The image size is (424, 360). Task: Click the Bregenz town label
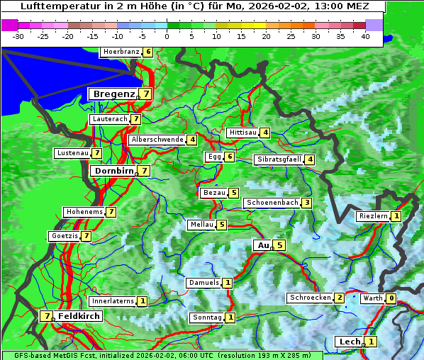click(x=113, y=94)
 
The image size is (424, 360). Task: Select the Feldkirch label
click(x=79, y=316)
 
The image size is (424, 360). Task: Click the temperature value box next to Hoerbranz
click(x=147, y=52)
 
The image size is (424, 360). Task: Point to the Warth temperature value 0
click(x=391, y=298)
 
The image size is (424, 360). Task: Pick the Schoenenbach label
click(x=271, y=203)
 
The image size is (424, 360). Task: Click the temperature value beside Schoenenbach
click(x=306, y=203)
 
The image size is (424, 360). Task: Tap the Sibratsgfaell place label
click(x=279, y=159)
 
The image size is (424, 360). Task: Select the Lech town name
click(x=349, y=342)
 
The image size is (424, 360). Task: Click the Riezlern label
click(x=374, y=216)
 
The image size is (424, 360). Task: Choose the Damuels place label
click(x=203, y=283)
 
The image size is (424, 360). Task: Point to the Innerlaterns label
click(x=113, y=301)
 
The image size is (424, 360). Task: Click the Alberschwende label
click(x=157, y=140)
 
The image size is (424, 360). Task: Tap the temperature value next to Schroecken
click(x=340, y=298)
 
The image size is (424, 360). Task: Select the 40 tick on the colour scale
click(x=365, y=36)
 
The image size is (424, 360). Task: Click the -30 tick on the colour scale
click(x=18, y=36)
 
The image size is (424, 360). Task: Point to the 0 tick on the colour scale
click(x=167, y=36)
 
